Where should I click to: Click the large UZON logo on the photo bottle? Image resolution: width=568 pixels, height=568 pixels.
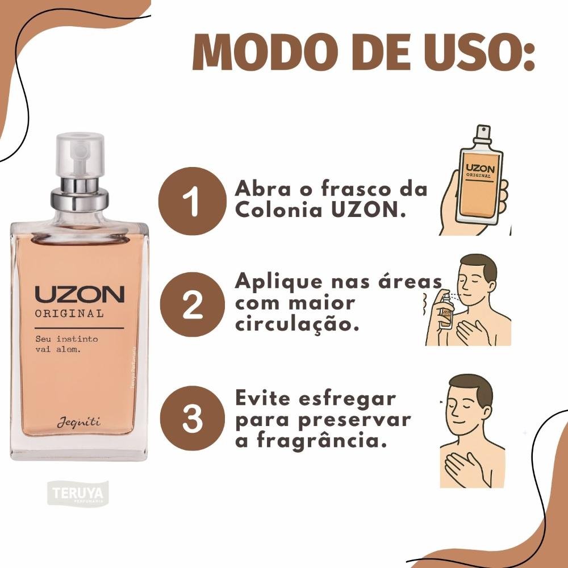pyautogui.click(x=80, y=295)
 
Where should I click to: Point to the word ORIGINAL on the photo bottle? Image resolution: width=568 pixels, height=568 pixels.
pyautogui.click(x=69, y=314)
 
